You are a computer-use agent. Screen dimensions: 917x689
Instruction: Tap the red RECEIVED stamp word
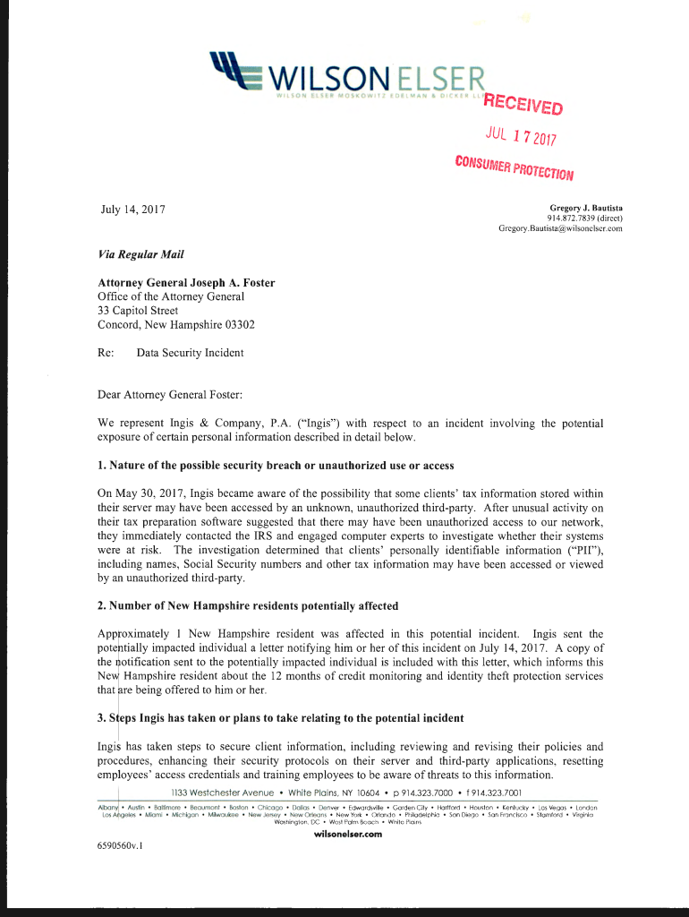(x=523, y=105)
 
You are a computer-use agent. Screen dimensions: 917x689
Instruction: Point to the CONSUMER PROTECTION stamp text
(x=514, y=167)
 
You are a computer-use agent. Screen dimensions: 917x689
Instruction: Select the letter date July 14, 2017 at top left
(x=134, y=211)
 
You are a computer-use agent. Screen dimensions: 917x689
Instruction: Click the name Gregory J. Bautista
(x=585, y=208)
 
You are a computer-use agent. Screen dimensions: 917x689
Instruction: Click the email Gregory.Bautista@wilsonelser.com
(x=560, y=228)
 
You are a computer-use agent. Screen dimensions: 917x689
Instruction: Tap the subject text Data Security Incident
(x=190, y=353)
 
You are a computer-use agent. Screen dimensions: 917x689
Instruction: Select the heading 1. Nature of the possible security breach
(x=276, y=466)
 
